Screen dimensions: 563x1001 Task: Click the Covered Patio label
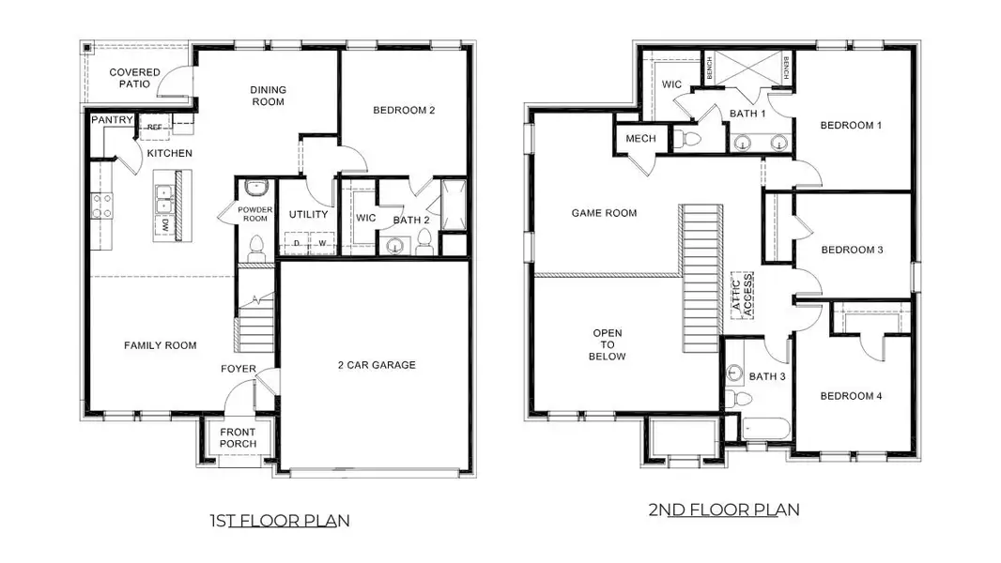pyautogui.click(x=134, y=79)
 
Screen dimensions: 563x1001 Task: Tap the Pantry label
pyautogui.click(x=111, y=120)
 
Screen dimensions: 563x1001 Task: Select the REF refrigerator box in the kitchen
pyautogui.click(x=153, y=127)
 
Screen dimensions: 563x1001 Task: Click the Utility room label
pyautogui.click(x=308, y=214)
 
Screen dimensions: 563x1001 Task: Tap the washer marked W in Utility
pyautogui.click(x=320, y=243)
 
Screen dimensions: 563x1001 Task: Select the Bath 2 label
pyautogui.click(x=411, y=220)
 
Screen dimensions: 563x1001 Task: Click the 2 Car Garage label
pyautogui.click(x=377, y=365)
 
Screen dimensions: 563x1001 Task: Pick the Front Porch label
pyautogui.click(x=238, y=438)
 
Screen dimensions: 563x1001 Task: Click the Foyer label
pyautogui.click(x=239, y=369)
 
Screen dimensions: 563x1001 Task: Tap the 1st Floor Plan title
pyautogui.click(x=279, y=520)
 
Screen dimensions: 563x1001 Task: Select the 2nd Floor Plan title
pyautogui.click(x=723, y=510)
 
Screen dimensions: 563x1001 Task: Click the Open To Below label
pyautogui.click(x=607, y=344)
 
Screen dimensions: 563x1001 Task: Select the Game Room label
pyautogui.click(x=604, y=213)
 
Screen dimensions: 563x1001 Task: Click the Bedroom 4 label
pyautogui.click(x=851, y=396)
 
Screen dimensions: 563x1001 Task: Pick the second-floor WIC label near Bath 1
pyautogui.click(x=671, y=84)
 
